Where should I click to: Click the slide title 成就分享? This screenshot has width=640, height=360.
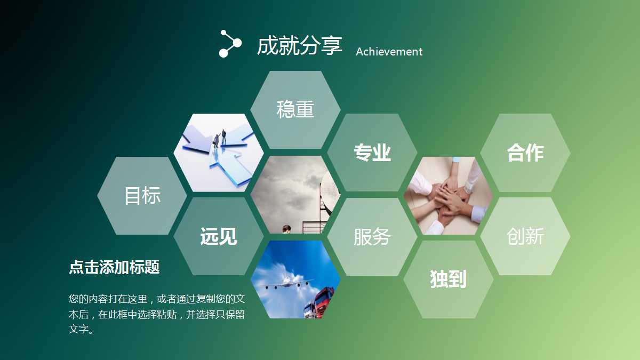pos(299,45)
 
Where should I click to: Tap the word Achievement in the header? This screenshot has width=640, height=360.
pos(389,52)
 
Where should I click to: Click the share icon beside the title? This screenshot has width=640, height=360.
pos(230,44)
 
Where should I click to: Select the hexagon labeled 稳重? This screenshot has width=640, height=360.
pos(295,110)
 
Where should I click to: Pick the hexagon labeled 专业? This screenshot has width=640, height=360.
pos(372,153)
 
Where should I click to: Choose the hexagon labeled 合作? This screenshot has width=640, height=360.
pos(525,153)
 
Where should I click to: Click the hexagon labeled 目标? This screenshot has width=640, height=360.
pos(142,196)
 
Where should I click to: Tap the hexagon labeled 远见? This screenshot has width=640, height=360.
pos(219,236)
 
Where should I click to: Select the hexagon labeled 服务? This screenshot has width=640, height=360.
pos(372,237)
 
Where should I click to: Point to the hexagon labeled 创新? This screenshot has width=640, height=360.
pos(525,236)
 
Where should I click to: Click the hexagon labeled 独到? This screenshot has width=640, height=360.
pos(449,279)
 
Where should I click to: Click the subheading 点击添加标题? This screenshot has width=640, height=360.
pos(114,267)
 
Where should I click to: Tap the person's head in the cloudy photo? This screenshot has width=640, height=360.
pos(286,229)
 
